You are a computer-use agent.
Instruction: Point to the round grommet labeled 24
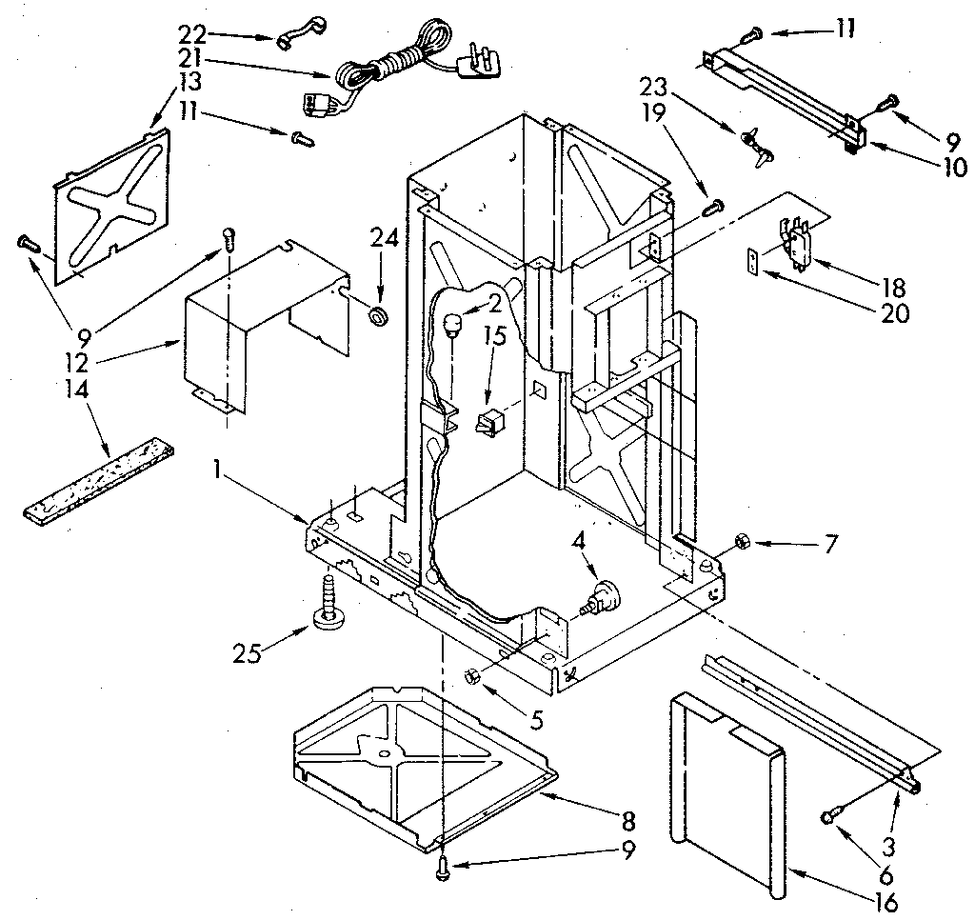(x=380, y=315)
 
